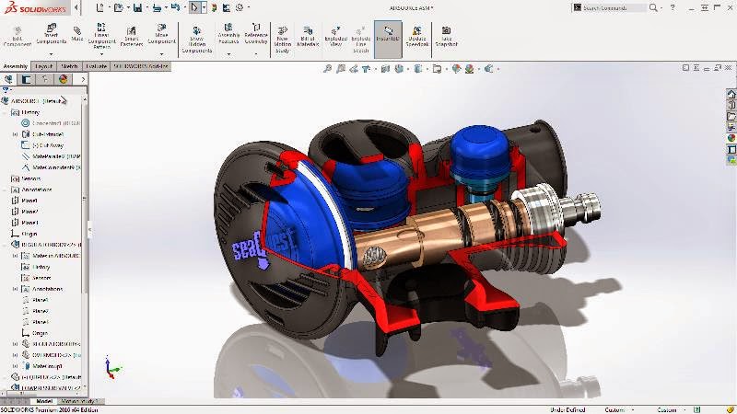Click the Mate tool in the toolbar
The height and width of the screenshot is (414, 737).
click(x=76, y=34)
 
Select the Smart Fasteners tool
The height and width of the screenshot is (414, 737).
click(x=131, y=35)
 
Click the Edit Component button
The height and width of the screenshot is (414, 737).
click(x=18, y=35)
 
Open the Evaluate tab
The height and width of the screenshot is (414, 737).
click(x=97, y=66)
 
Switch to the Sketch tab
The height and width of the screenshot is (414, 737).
click(x=69, y=66)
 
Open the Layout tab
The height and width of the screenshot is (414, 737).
click(x=43, y=66)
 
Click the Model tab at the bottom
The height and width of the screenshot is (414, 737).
click(x=43, y=401)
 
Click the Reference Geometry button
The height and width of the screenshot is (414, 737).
click(x=255, y=35)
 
